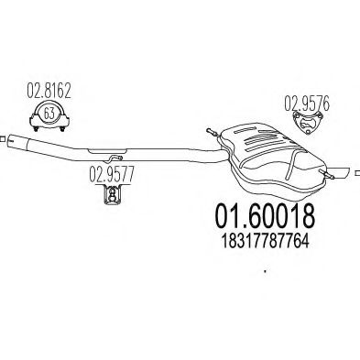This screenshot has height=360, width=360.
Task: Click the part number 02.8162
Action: point(49,91)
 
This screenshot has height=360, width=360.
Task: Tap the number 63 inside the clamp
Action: point(49,114)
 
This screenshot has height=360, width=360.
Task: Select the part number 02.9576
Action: point(307,104)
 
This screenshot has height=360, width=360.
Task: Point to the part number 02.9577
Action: point(112,174)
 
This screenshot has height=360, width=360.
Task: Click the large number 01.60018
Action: point(265,215)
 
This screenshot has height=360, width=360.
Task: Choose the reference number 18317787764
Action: point(265,241)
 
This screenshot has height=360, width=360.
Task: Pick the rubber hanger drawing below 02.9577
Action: point(112,195)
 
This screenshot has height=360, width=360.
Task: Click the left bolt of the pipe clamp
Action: point(36,128)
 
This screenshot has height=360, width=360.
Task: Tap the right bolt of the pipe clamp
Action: point(62,128)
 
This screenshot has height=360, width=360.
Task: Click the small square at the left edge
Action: point(2,139)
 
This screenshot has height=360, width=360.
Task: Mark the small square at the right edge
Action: point(358,173)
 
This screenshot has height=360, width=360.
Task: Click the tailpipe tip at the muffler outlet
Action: point(340,172)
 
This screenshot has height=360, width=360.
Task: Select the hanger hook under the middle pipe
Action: point(115,158)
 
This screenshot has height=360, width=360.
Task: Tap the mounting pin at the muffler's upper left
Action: point(213,132)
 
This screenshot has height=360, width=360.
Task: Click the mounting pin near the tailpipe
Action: point(327,173)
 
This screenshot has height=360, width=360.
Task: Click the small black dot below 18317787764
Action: point(265,271)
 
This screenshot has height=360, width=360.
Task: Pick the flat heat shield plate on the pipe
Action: point(107,151)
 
